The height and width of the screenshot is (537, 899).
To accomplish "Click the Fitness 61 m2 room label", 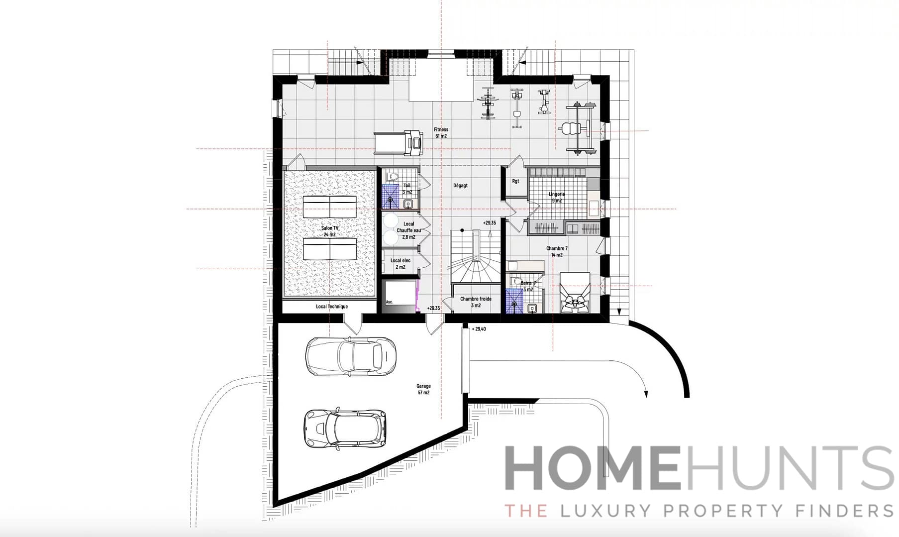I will pyautogui.click(x=441, y=133).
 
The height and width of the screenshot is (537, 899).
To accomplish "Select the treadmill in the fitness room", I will pyautogui.click(x=399, y=143).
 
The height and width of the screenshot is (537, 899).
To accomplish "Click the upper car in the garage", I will pyautogui.click(x=351, y=356).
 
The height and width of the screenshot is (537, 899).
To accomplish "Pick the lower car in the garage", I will pyautogui.click(x=345, y=428).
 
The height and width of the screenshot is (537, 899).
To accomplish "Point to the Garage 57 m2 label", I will pyautogui.click(x=423, y=389).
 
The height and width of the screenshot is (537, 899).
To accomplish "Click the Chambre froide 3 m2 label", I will pyautogui.click(x=476, y=302).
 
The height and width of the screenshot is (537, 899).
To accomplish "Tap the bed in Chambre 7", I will pyautogui.click(x=575, y=293).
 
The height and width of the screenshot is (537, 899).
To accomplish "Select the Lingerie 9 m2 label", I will pyautogui.click(x=557, y=198).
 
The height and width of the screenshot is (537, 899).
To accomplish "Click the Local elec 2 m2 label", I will pyautogui.click(x=400, y=264).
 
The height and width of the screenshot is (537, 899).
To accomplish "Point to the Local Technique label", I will pyautogui.click(x=332, y=307).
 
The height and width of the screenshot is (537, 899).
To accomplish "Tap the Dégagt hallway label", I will pyautogui.click(x=460, y=186).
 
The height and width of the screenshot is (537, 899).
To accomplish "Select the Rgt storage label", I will pyautogui.click(x=515, y=181).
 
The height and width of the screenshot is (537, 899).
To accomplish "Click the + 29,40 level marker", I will pyautogui.click(x=479, y=329).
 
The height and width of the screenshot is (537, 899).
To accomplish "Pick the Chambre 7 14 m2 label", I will pyautogui.click(x=557, y=252).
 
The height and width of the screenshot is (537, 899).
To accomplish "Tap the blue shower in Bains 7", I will pyautogui.click(x=514, y=301).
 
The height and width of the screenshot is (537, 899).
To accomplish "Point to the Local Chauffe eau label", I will pyautogui.click(x=408, y=230).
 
